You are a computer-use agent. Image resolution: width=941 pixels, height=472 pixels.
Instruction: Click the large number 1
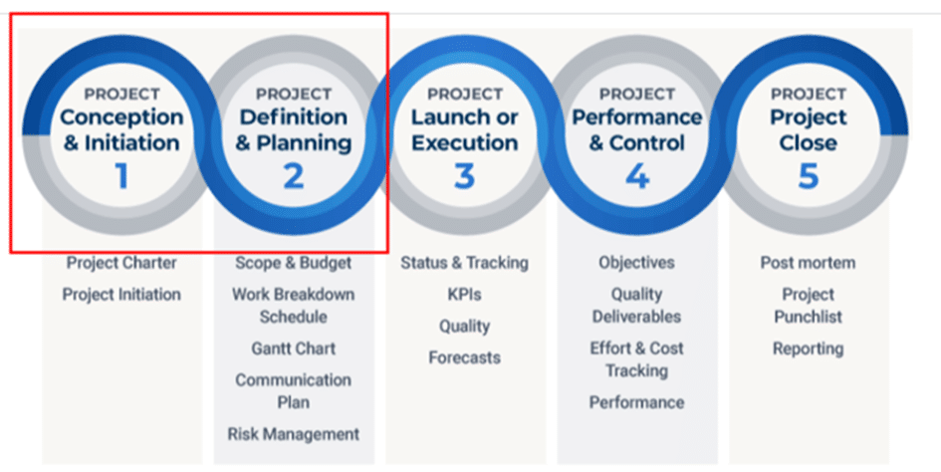[x=121, y=176]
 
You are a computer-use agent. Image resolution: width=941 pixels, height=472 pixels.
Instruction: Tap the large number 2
[x=294, y=176]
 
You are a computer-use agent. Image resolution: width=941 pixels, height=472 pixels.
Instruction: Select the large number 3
[x=464, y=176]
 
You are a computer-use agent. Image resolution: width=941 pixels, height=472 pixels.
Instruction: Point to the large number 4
[x=637, y=176]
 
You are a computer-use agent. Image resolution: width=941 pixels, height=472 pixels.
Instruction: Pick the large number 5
[x=809, y=176]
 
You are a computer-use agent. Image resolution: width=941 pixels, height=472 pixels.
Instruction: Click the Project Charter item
[x=121, y=263]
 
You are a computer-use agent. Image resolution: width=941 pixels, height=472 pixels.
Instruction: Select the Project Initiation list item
[x=121, y=294]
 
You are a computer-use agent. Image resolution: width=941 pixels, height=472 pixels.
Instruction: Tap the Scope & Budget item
[x=294, y=263]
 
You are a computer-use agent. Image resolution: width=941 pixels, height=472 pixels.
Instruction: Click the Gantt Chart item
[x=294, y=349]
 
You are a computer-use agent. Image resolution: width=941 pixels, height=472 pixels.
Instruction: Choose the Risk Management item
[x=294, y=433]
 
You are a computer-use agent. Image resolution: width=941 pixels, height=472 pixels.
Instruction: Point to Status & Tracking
[x=464, y=263]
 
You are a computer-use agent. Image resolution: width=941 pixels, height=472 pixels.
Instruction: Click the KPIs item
[x=464, y=294]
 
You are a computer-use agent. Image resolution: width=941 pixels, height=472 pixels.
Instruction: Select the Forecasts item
[x=464, y=357]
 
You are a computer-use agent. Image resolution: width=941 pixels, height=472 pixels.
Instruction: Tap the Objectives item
[x=636, y=263]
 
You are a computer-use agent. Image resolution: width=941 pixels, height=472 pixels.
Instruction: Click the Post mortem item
[x=809, y=263]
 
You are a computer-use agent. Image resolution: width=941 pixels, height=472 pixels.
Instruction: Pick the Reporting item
[x=809, y=349]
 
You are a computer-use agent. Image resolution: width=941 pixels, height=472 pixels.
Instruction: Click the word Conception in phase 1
[x=121, y=118]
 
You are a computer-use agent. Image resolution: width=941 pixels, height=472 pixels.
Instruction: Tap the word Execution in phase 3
[x=464, y=143]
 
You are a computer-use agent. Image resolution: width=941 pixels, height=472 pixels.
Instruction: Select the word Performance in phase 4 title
[x=636, y=118]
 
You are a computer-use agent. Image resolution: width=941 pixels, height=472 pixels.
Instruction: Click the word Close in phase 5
[x=809, y=143]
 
